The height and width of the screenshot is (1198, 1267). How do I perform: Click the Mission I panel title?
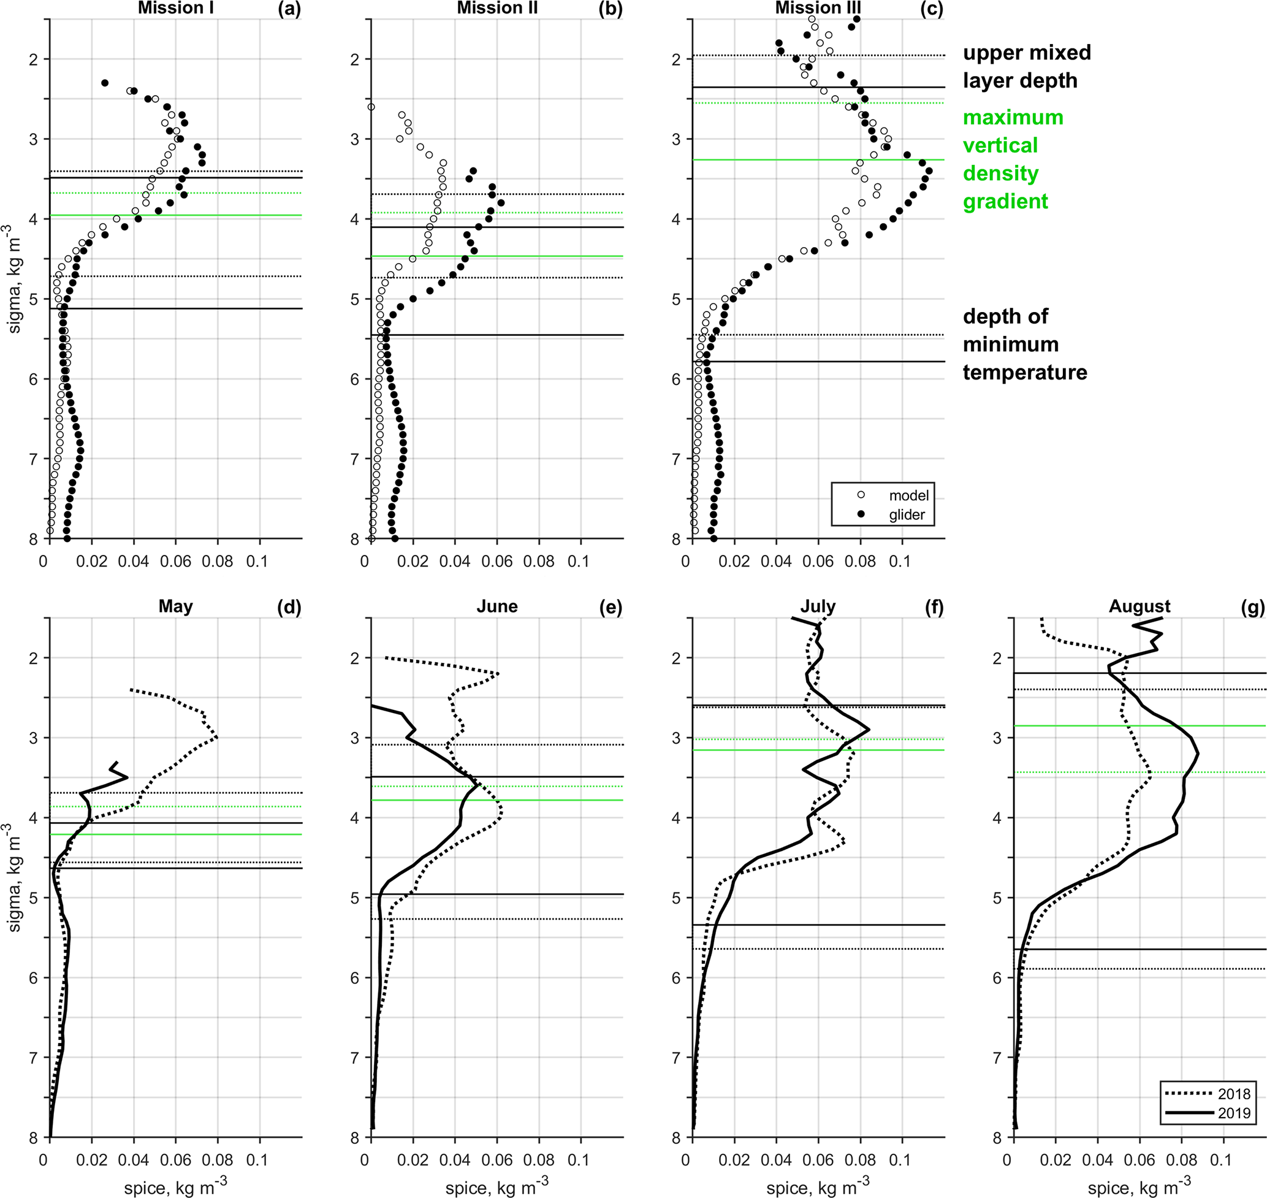[x=175, y=9]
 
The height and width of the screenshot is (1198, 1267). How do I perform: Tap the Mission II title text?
[x=497, y=9]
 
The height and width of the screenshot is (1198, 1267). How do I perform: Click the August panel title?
[x=1140, y=606]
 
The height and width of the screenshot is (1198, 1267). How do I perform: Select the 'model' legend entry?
[x=908, y=495]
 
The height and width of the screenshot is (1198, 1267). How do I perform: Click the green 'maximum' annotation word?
[x=1013, y=118]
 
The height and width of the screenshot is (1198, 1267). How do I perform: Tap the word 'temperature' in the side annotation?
[x=1024, y=372]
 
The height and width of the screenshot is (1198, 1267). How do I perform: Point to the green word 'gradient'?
[x=1005, y=202]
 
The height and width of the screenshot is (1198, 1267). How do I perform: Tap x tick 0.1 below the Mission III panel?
[x=900, y=562]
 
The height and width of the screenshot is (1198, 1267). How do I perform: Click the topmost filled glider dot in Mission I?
[x=105, y=83]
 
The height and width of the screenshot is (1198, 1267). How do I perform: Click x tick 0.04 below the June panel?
[x=454, y=1160]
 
